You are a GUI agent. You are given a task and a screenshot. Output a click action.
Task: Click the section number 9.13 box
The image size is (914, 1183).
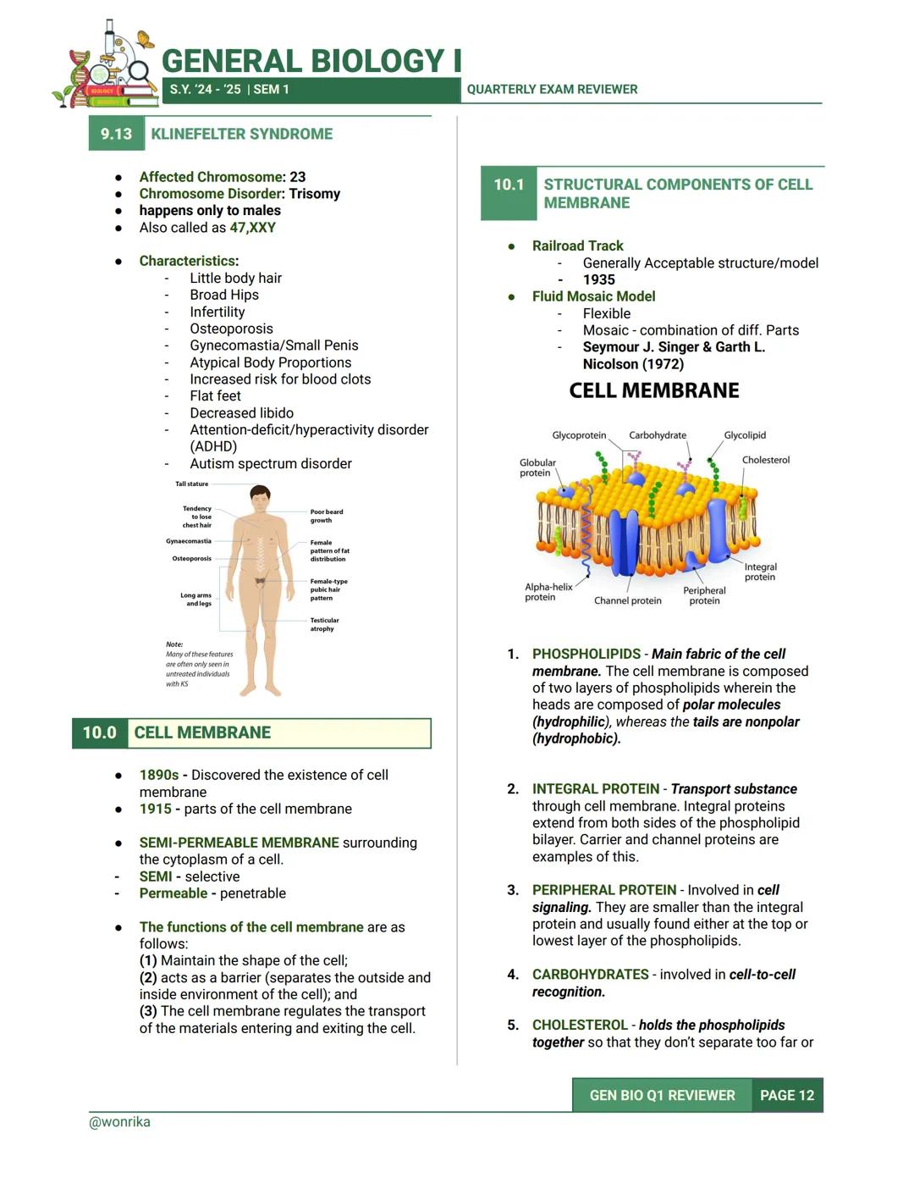coord(116,134)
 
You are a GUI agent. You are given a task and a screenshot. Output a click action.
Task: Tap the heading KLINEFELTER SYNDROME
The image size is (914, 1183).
coord(241,134)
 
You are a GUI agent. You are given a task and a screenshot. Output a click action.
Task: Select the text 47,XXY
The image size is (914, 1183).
coord(252,227)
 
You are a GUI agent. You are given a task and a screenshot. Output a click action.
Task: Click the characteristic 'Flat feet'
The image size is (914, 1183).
coord(215,395)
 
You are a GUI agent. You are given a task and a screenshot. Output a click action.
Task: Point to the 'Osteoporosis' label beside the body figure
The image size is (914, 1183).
coord(192,559)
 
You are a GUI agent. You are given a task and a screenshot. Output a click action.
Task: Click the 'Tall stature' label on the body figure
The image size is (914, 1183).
coord(191,484)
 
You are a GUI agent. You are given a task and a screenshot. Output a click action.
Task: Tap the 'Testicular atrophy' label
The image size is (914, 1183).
coord(324,624)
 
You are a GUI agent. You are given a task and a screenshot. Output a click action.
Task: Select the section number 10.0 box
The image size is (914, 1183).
coord(99,732)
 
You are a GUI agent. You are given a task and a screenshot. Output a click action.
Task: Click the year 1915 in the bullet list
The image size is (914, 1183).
coord(155,809)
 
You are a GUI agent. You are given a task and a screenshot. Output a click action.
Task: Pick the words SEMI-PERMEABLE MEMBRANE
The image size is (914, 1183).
coord(239,843)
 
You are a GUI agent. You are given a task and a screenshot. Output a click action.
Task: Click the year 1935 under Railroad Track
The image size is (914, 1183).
coord(598,279)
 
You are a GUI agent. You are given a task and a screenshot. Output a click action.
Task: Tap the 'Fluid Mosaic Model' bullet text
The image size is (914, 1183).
coord(593,296)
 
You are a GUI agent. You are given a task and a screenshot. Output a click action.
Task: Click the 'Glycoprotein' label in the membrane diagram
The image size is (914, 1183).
coord(579,435)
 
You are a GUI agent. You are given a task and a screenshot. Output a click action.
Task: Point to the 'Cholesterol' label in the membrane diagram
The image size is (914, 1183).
coord(765,460)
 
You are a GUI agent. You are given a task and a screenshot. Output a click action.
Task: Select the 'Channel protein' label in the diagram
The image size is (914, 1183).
coord(627,600)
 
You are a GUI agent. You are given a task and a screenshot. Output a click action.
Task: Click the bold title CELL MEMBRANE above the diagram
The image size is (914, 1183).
coord(653,390)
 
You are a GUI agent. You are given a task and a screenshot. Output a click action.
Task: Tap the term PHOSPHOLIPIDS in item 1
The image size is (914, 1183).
coord(586,654)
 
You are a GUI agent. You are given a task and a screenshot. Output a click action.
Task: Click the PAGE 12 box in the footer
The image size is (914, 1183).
coord(786,1095)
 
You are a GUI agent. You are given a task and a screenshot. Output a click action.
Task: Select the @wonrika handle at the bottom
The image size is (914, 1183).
coord(119,1122)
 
